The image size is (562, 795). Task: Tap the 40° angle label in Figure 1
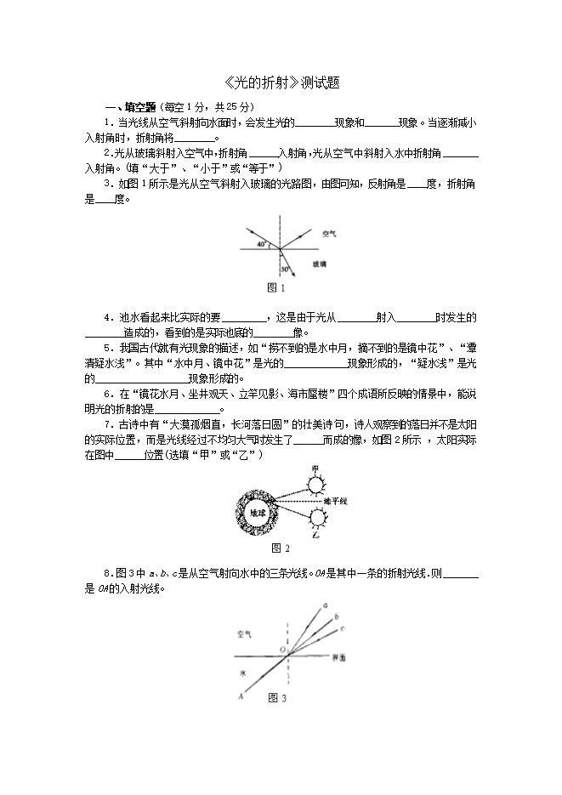[x=262, y=244]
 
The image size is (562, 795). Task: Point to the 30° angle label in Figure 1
[x=286, y=269]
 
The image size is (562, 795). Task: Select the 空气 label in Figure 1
[x=329, y=231]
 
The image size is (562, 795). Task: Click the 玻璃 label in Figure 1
[x=319, y=265]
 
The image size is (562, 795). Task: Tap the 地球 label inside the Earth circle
[x=258, y=513]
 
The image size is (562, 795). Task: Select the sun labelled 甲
[x=315, y=483]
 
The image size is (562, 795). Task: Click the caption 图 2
[x=280, y=548]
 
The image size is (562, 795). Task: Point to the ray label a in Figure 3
[x=326, y=605]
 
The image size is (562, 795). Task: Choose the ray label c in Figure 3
[x=342, y=628]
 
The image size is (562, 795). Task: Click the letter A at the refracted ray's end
[x=242, y=696]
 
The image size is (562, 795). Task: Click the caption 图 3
[x=277, y=698]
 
